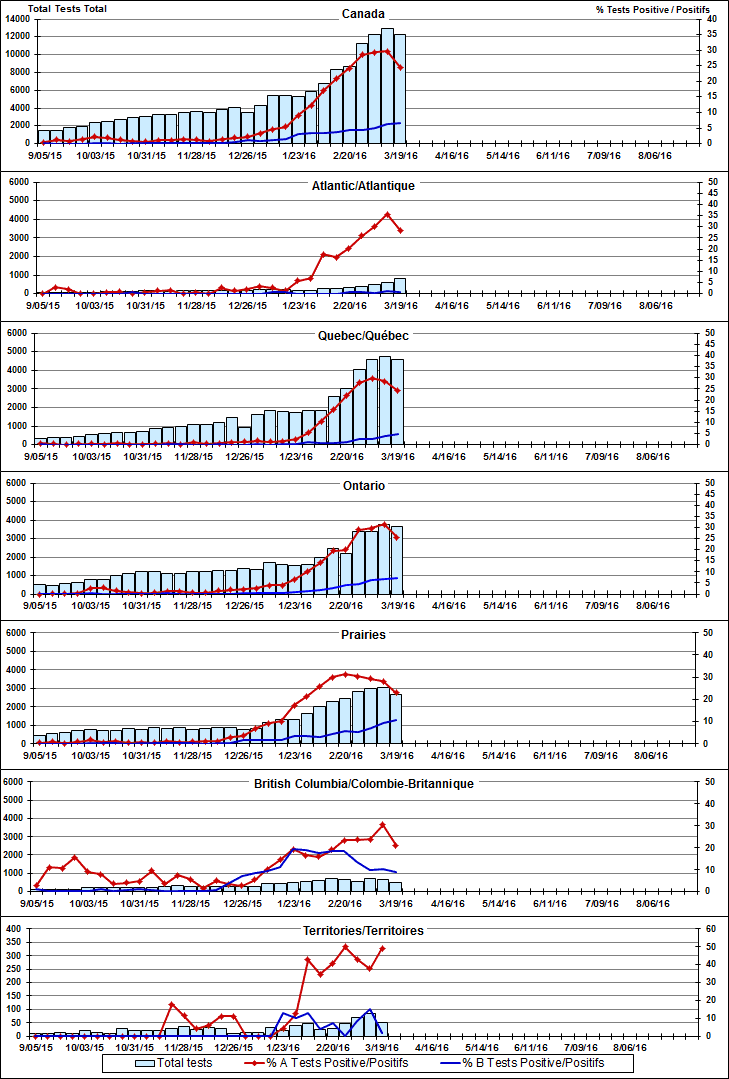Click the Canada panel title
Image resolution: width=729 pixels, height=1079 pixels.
click(363, 14)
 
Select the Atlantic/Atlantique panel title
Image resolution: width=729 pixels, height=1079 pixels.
click(363, 185)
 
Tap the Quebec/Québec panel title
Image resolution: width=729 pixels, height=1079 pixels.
click(363, 336)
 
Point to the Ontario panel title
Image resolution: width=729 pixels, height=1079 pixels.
click(363, 485)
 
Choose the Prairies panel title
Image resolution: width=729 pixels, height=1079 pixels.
click(363, 634)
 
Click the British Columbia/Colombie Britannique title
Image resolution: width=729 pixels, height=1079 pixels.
click(363, 783)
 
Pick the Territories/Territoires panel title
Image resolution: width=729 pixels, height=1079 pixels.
click(363, 931)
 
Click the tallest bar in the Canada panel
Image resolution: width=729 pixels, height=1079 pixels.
click(387, 85)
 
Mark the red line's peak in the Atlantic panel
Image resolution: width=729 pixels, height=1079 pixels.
click(388, 214)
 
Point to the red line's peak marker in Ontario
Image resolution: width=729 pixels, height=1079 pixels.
click(386, 523)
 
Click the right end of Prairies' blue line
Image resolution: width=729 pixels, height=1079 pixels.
click(398, 720)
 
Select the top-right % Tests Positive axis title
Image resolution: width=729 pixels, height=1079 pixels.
click(641, 9)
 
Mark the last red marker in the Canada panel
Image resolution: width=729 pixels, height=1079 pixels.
click(400, 68)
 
